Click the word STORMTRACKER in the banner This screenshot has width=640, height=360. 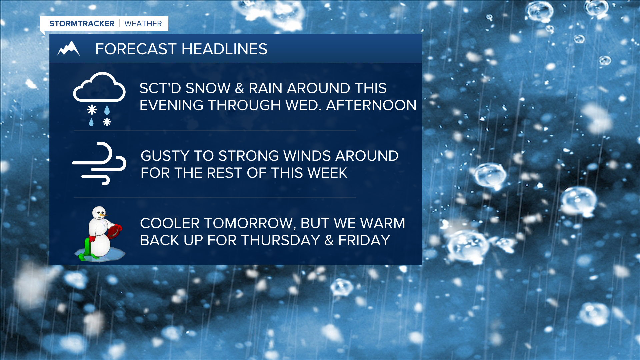coord(82,24)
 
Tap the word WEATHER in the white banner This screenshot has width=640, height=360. coord(143,24)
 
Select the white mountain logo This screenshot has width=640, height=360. coord(69,49)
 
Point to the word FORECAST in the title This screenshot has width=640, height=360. coord(136,49)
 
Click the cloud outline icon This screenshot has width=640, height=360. coord(99,87)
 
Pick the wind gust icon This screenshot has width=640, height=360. coord(99,163)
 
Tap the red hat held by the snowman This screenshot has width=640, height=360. coord(114,231)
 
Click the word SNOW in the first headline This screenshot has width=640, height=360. coord(208,88)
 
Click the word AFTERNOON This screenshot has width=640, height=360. coord(371,105)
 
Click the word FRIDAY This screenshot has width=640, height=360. coord(364,240)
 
